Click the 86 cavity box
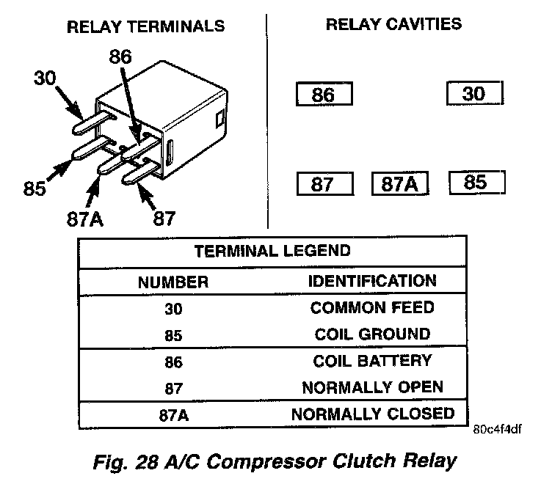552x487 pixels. tap(324, 95)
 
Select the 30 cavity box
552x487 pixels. tap(475, 94)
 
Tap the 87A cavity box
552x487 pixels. tap(399, 184)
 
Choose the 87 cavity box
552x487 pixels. tap(324, 184)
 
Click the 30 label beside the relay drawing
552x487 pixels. tap(46, 78)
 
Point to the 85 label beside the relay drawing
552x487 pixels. tap(34, 188)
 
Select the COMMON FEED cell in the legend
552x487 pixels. tap(372, 307)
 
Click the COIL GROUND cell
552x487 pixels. tap(372, 334)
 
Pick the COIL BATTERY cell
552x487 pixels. tap(372, 361)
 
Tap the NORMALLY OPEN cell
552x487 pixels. tap(372, 387)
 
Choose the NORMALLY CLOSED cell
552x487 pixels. tap(372, 413)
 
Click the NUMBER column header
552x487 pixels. tap(174, 281)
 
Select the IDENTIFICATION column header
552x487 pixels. tap(372, 280)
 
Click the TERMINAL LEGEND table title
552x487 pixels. tap(272, 251)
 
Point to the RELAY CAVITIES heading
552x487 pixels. tap(393, 24)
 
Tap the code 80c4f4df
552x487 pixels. tap(498, 430)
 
